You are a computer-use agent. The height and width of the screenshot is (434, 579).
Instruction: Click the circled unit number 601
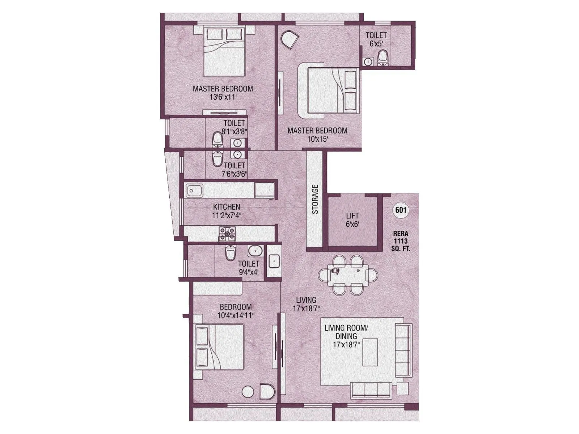point(400,210)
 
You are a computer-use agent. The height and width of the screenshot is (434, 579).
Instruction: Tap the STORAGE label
point(315,199)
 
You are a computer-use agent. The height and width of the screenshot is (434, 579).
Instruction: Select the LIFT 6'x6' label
point(352,220)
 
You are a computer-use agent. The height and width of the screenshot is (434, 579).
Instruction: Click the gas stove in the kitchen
point(227,234)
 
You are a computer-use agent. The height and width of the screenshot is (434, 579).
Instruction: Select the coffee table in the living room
point(371,353)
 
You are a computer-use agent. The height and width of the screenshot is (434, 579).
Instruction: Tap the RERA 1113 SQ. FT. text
point(400,241)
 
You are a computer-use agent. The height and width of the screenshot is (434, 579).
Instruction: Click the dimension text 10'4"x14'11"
point(236,315)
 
